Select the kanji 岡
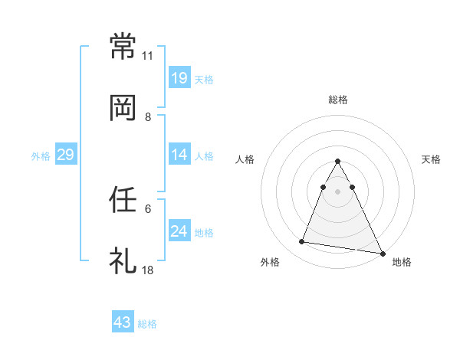[123, 109]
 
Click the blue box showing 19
[179, 78]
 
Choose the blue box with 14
[179, 155]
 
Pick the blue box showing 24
[179, 231]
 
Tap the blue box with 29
[65, 155]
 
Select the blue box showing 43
[123, 322]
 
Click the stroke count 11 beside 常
[148, 56]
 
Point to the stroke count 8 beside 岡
[148, 117]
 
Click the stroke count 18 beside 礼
[148, 270]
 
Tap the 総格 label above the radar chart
[338, 100]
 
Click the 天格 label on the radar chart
[431, 159]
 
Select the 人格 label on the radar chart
[245, 159]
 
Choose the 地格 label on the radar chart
[402, 262]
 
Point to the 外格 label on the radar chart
[270, 262]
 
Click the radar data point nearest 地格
[382, 253]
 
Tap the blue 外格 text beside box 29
[41, 155]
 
